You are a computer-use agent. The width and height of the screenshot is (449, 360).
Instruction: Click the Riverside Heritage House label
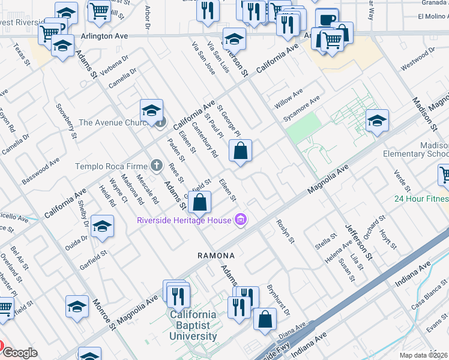(184, 220)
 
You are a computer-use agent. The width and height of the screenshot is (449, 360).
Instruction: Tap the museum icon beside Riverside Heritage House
(241, 220)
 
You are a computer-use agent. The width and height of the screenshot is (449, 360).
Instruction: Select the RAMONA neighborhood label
(216, 255)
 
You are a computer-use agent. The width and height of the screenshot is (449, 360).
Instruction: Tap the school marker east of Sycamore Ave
(376, 121)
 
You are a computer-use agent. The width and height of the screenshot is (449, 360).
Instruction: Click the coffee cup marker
(327, 19)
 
